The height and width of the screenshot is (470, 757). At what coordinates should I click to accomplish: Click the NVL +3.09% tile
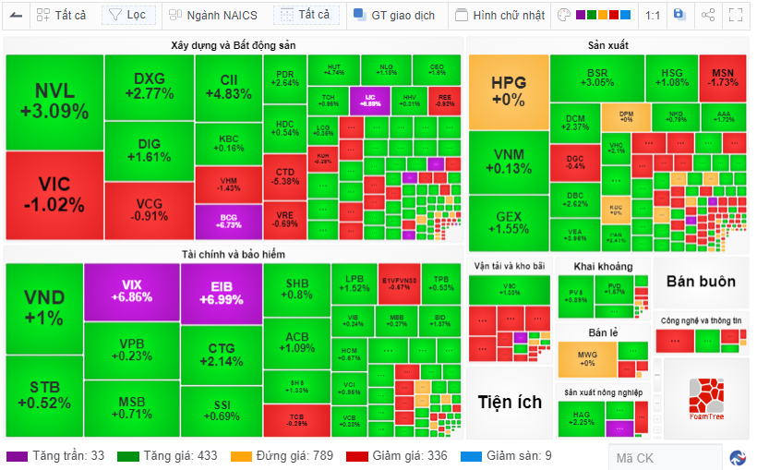click(54, 102)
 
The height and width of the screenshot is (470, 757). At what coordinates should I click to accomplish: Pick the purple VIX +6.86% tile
click(130, 292)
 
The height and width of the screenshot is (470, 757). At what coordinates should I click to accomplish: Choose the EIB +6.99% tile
click(221, 292)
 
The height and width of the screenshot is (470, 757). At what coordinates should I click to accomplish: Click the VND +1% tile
click(43, 308)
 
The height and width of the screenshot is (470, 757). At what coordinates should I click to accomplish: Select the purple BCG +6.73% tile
click(228, 222)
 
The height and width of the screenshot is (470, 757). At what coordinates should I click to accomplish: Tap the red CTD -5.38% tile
click(285, 176)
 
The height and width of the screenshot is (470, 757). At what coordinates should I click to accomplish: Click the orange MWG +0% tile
click(587, 358)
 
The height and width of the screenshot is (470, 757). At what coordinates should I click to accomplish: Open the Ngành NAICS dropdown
click(214, 15)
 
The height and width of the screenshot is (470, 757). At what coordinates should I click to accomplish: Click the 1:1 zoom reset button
click(653, 15)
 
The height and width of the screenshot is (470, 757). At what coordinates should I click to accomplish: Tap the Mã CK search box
click(664, 457)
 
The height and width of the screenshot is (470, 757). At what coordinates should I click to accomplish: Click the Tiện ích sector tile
click(509, 402)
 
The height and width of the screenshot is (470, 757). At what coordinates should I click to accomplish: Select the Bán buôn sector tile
click(701, 282)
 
